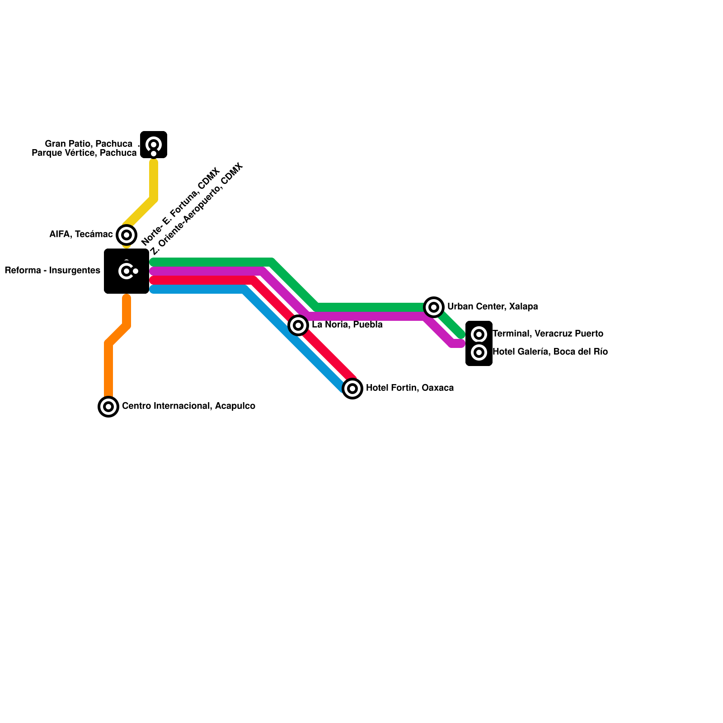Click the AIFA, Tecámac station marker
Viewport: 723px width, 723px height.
[x=127, y=235]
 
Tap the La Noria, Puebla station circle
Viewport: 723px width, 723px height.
[x=298, y=325]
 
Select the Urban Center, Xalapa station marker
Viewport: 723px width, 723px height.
[x=434, y=307]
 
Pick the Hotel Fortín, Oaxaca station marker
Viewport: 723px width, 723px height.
[x=352, y=389]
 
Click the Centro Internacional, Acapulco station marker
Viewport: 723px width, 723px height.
[x=108, y=407]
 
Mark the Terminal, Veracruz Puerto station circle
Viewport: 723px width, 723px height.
[x=479, y=334]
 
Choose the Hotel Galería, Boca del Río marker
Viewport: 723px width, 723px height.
[x=479, y=352]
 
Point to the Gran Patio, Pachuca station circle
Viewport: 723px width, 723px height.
[x=154, y=145]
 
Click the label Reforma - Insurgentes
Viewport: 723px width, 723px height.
[x=52, y=271]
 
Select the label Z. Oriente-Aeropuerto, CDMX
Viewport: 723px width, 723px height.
[x=197, y=209]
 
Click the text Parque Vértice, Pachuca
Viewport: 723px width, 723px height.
[x=84, y=153]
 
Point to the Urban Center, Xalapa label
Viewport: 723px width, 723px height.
[x=493, y=307]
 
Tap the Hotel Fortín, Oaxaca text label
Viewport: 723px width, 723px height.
[x=410, y=388]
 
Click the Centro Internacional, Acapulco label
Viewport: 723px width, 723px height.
[x=188, y=406]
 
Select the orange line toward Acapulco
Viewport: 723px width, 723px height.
[x=108, y=366]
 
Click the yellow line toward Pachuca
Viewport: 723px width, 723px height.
[x=154, y=181]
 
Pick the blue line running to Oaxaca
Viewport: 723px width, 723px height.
[x=294, y=339]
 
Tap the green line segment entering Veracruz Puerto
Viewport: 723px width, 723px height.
[x=452, y=323]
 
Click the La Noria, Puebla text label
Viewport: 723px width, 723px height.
[x=347, y=325]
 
